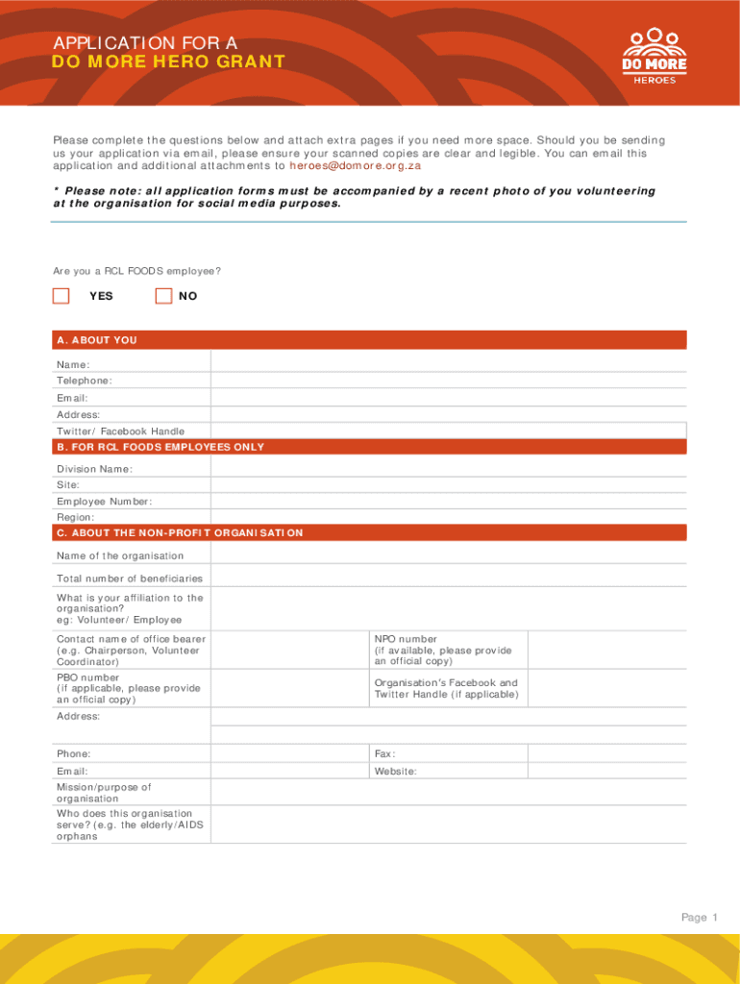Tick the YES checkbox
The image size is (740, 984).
click(x=62, y=296)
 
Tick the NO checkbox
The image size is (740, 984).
click(x=164, y=296)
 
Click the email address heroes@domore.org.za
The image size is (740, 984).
click(x=355, y=166)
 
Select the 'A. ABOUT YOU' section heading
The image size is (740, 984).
click(x=97, y=340)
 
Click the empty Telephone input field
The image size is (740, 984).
click(x=448, y=381)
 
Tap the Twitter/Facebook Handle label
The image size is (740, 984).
click(x=120, y=431)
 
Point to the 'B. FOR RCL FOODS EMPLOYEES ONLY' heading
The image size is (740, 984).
click(x=160, y=447)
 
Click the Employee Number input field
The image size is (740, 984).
click(x=448, y=502)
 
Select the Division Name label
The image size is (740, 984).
click(x=94, y=469)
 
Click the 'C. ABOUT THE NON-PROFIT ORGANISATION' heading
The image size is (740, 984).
click(x=180, y=532)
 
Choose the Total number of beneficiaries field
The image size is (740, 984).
click(x=448, y=578)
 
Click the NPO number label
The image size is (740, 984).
click(x=406, y=639)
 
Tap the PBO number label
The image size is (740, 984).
click(x=87, y=677)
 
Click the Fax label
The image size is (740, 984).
click(x=385, y=754)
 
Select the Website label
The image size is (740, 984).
click(x=395, y=772)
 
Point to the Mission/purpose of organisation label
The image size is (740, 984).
click(x=104, y=793)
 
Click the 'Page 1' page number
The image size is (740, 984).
click(x=700, y=918)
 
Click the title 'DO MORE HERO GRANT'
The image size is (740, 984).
click(x=168, y=62)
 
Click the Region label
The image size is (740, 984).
click(x=76, y=517)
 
